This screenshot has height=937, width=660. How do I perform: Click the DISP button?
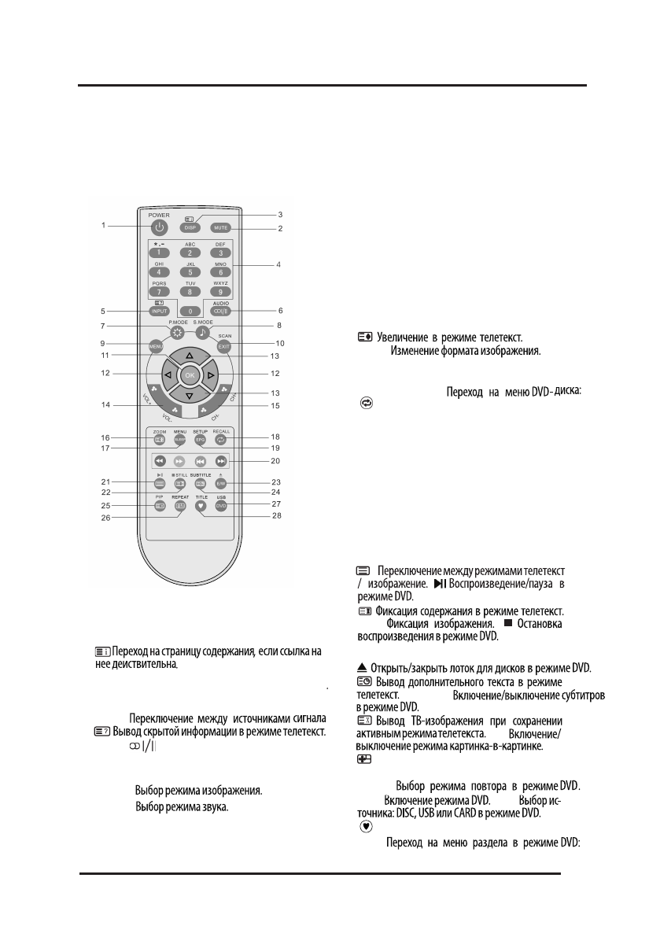pyautogui.click(x=189, y=228)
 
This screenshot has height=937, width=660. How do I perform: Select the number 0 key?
pyautogui.click(x=189, y=311)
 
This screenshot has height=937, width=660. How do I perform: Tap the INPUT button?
pyautogui.click(x=159, y=311)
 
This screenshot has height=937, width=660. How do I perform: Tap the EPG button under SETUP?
pyautogui.click(x=199, y=441)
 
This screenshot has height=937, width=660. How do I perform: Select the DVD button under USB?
pyautogui.click(x=221, y=507)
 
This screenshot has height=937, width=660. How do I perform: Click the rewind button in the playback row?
pyautogui.click(x=160, y=462)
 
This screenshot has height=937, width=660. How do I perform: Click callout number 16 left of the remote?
pyautogui.click(x=104, y=436)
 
